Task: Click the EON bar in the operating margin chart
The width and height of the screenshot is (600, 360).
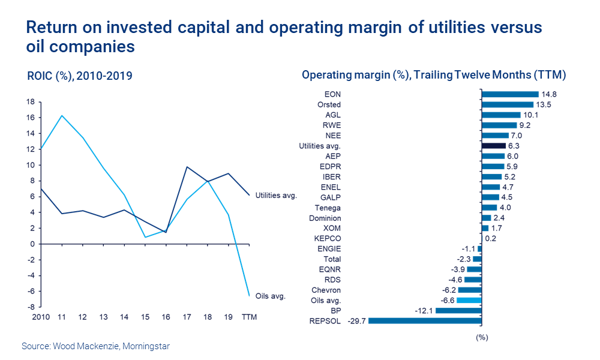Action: pyautogui.click(x=510, y=94)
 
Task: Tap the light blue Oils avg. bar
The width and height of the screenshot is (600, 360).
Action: pyautogui.click(x=469, y=300)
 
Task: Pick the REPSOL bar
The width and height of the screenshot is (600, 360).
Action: pyautogui.click(x=425, y=321)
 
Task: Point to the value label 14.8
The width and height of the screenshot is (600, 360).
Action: pyautogui.click(x=549, y=94)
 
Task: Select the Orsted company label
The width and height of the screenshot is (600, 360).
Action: pyautogui.click(x=329, y=104)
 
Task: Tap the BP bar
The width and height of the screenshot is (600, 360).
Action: pyautogui.click(x=458, y=311)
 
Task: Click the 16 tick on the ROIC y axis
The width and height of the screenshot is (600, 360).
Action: pyautogui.click(x=30, y=118)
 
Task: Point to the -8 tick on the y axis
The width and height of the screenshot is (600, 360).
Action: pyautogui.click(x=31, y=307)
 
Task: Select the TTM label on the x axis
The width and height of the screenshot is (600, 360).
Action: pyautogui.click(x=249, y=317)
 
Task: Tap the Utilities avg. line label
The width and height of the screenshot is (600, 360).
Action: pyautogui.click(x=276, y=196)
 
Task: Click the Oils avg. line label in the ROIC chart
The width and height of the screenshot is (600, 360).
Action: pyautogui.click(x=270, y=296)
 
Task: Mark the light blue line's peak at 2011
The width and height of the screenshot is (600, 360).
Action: pyautogui.click(x=62, y=115)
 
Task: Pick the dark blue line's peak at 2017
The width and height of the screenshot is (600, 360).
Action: pyautogui.click(x=187, y=167)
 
